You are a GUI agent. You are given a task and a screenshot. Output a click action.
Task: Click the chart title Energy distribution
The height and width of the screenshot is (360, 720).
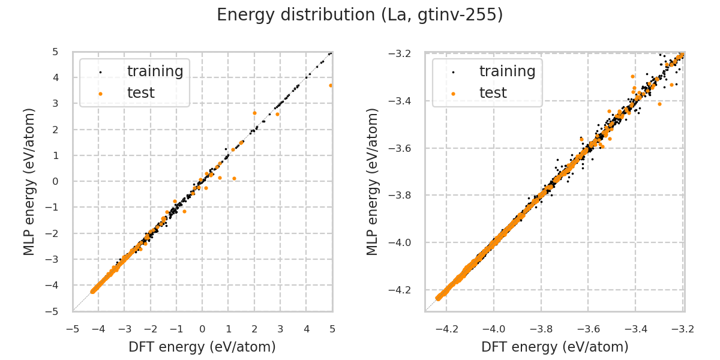360,15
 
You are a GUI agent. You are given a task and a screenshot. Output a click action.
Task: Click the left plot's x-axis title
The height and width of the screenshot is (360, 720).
202,347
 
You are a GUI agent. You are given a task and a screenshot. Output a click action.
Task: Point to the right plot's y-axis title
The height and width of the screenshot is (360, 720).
373,181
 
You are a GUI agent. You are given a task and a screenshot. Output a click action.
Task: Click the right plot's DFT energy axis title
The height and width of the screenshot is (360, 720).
554,347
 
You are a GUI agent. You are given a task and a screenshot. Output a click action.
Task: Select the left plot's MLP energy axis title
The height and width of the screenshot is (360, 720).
30,181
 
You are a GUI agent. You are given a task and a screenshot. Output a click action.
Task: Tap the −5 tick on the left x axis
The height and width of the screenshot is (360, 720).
73,329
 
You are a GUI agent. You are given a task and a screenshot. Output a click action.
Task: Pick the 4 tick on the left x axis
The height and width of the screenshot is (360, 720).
306,329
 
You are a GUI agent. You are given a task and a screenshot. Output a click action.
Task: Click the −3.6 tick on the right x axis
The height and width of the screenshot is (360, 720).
589,329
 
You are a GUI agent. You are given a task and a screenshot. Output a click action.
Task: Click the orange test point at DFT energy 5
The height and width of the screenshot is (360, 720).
331,85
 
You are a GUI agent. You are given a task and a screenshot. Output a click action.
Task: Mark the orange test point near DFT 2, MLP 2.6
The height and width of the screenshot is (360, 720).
254,113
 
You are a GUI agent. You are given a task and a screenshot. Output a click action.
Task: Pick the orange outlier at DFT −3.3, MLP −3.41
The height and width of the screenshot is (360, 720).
659,104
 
